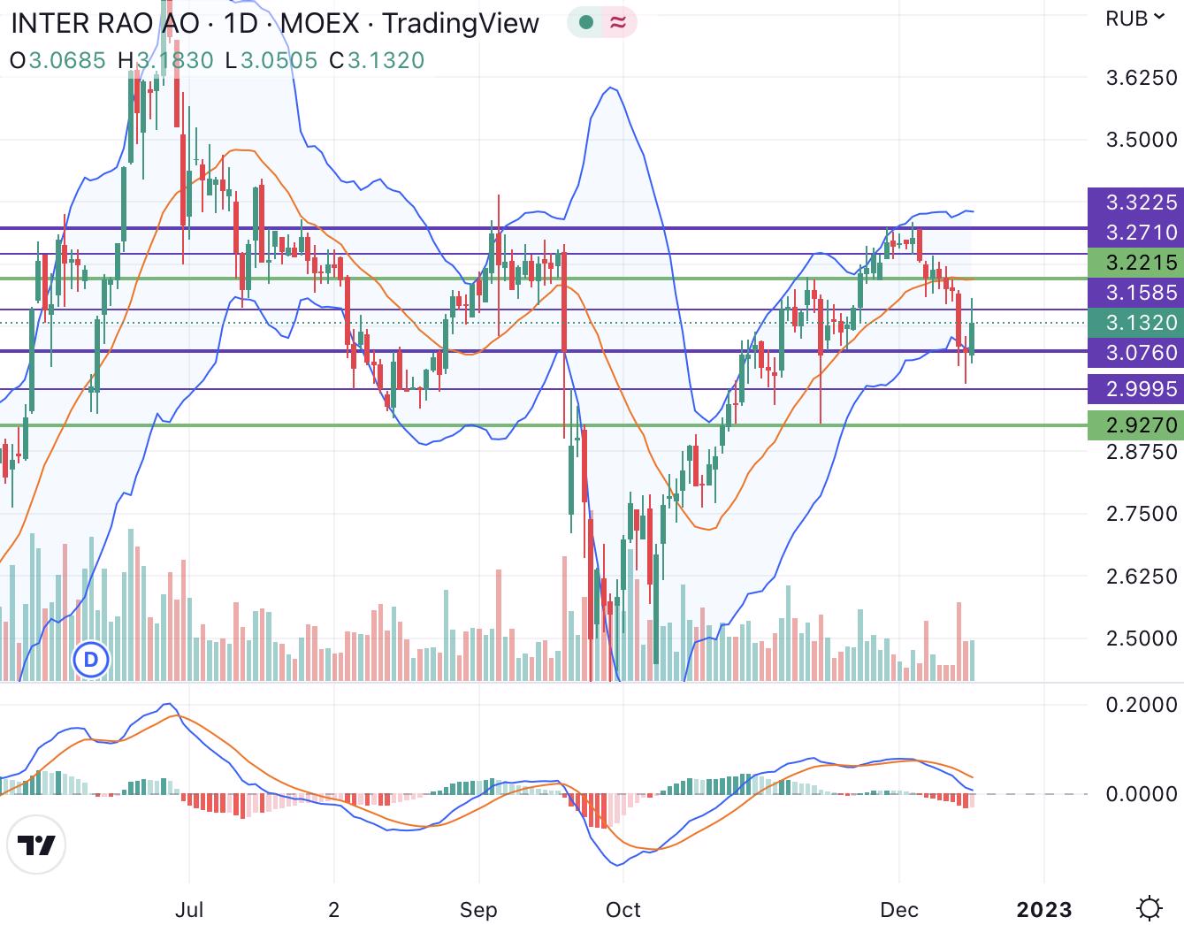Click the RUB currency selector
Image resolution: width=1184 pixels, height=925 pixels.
pyautogui.click(x=1134, y=19)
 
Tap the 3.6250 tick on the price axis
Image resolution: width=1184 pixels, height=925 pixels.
pyautogui.click(x=1142, y=78)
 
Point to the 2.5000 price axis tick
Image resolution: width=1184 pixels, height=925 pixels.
pyautogui.click(x=1142, y=638)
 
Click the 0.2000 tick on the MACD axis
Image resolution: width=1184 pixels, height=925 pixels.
pyautogui.click(x=1142, y=705)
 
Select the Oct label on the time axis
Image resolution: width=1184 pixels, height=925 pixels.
pyautogui.click(x=623, y=910)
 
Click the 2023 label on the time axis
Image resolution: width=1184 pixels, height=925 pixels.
pyautogui.click(x=1044, y=910)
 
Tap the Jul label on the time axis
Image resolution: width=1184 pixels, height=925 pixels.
pyautogui.click(x=189, y=910)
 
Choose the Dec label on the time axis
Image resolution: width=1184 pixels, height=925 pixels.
pyautogui.click(x=899, y=910)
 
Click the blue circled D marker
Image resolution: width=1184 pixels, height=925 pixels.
pyautogui.click(x=89, y=660)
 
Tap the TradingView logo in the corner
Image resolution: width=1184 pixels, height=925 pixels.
pyautogui.click(x=38, y=846)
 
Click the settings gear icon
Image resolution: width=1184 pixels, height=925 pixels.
pyautogui.click(x=1150, y=908)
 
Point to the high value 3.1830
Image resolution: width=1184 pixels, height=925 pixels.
pyautogui.click(x=174, y=60)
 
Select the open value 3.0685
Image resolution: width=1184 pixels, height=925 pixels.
pyautogui.click(x=67, y=60)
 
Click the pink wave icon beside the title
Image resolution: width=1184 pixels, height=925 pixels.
pyautogui.click(x=618, y=22)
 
